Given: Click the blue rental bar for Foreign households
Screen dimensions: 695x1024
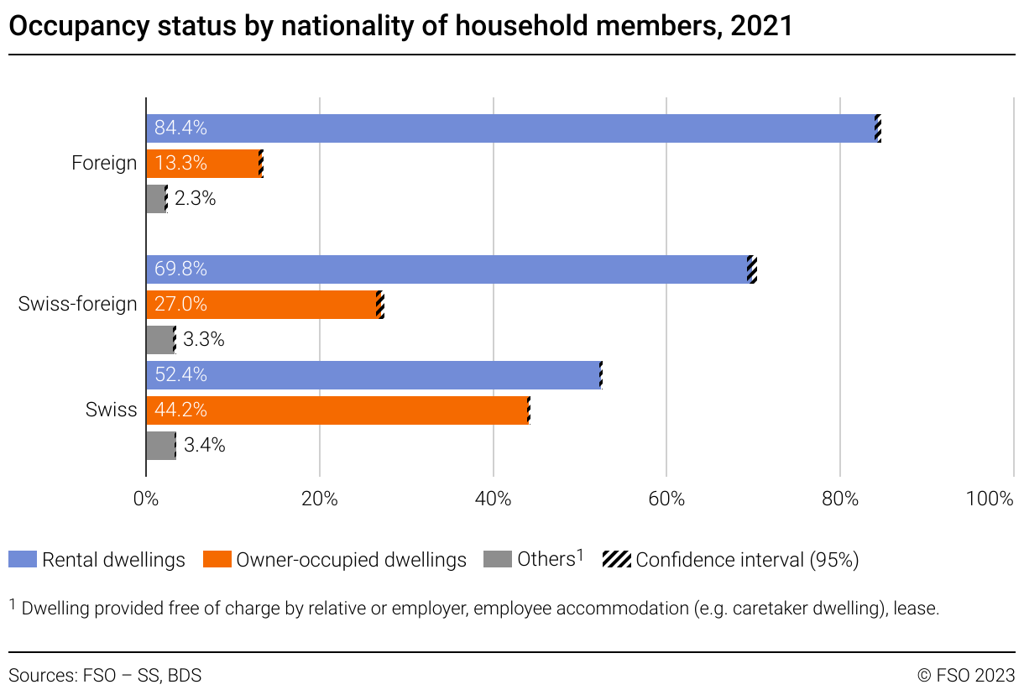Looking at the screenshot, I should tap(512, 128).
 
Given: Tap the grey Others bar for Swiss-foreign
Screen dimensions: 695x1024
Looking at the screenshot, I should tap(159, 340).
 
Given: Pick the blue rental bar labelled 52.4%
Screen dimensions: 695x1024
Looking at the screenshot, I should tap(374, 375).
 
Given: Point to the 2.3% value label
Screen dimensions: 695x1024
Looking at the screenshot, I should tap(195, 199).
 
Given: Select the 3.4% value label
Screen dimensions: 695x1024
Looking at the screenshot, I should tap(204, 446).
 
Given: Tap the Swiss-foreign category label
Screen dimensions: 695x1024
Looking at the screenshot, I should tap(77, 305).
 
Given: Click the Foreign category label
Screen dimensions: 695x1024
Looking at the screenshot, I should tap(104, 164).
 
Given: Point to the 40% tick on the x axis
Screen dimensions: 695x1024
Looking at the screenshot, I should tap(493, 499).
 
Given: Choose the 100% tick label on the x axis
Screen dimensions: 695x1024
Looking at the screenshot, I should tap(990, 499).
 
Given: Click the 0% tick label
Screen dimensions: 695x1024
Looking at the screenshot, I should tap(146, 499).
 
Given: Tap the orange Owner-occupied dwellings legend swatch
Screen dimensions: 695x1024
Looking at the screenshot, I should tap(217, 560).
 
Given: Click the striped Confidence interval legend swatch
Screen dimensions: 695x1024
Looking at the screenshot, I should tap(617, 560).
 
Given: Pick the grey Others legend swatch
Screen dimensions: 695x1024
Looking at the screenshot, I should tap(498, 560).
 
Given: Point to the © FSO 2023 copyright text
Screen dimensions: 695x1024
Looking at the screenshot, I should tap(965, 675).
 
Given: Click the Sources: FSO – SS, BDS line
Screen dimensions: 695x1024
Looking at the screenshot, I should tap(105, 675).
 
